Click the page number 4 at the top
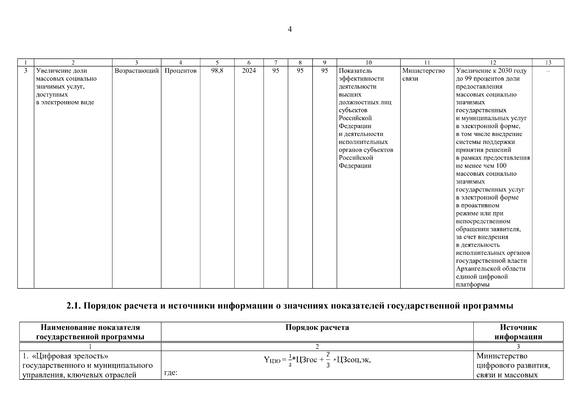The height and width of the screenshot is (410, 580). [289, 29]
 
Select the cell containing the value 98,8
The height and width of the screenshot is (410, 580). [217, 71]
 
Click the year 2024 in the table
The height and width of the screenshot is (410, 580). [249, 71]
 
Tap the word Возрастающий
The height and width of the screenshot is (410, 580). [137, 71]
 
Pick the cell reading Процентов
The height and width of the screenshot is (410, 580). [180, 71]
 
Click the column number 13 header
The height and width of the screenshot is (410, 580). [548, 63]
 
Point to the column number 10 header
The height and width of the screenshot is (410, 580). [368, 63]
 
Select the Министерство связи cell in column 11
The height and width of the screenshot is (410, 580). [423, 74]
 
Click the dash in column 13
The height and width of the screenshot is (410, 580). [548, 71]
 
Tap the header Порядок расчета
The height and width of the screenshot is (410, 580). [317, 328]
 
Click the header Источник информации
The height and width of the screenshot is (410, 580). [518, 332]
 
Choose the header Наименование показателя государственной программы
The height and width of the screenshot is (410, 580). [90, 332]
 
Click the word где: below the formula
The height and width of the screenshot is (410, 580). [171, 373]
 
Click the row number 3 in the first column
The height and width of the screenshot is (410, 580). [26, 71]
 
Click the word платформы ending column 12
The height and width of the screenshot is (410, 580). [473, 284]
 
